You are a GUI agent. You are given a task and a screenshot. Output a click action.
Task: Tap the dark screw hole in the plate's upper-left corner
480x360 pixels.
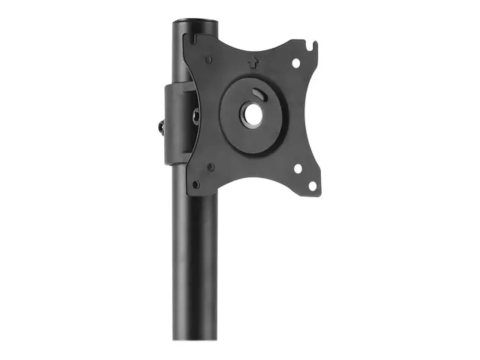(208, 59)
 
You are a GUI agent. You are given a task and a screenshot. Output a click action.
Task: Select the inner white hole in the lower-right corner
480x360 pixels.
(298, 169)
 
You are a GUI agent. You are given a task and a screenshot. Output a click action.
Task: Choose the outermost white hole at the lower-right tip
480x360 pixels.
(312, 184)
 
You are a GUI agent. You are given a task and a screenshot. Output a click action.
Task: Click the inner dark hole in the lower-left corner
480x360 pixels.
(211, 166)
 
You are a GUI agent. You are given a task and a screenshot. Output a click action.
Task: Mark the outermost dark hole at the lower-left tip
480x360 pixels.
(196, 183)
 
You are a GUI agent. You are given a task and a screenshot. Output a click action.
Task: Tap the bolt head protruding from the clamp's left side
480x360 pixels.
(161, 127)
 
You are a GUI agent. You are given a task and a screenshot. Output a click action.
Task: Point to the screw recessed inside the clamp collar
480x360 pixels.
(195, 116)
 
